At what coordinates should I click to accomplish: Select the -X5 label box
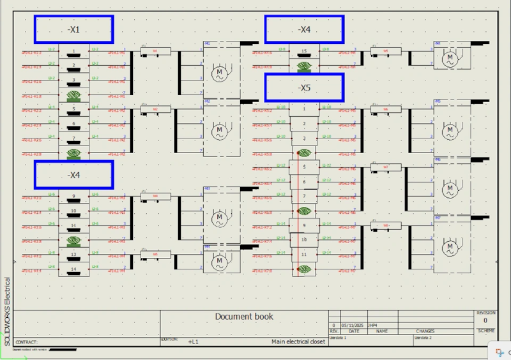pyautogui.click(x=304, y=88)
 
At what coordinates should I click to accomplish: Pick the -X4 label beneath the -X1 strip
pyautogui.click(x=73, y=175)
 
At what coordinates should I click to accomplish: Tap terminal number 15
pyautogui.click(x=304, y=50)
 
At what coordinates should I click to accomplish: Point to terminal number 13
pyautogui.click(x=73, y=254)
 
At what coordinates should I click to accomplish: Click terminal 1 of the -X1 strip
pyautogui.click(x=73, y=51)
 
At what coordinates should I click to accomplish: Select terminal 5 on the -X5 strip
pyautogui.click(x=304, y=167)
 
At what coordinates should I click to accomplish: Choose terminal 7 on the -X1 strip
pyautogui.click(x=73, y=138)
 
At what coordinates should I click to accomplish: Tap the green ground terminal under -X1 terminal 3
pyautogui.click(x=73, y=95)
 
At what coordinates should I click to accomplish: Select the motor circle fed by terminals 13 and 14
pyautogui.click(x=220, y=261)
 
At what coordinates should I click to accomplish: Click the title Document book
pyautogui.click(x=244, y=317)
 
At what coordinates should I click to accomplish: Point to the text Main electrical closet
pyautogui.click(x=298, y=341)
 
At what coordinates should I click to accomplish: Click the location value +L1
pyautogui.click(x=193, y=341)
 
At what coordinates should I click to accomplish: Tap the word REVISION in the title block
pyautogui.click(x=485, y=313)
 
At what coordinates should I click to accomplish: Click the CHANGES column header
pyautogui.click(x=425, y=331)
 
